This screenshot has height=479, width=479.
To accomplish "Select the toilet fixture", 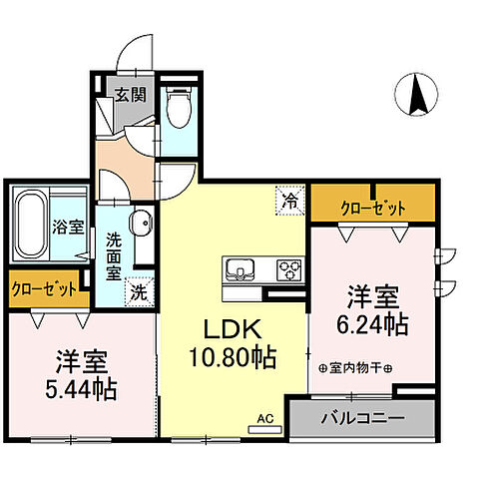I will pos(180,109).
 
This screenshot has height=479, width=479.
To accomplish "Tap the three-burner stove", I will pos(289,269).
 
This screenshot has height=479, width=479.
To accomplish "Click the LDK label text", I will pos(234,329).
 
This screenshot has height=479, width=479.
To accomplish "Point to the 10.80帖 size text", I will pos(234,355).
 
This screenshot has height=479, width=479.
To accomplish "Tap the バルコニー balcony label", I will pos(361,417).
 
